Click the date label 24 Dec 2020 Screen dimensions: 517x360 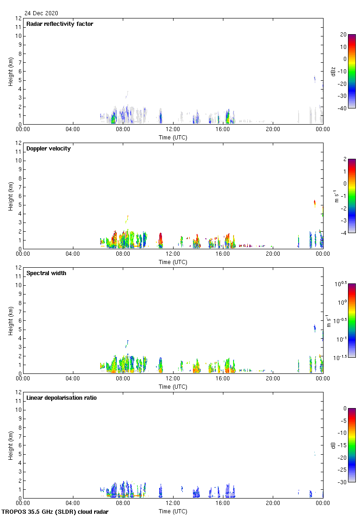[42, 13]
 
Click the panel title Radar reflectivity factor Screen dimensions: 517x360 [60, 24]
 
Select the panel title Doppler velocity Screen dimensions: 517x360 [48, 149]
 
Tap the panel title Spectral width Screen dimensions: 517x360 [47, 273]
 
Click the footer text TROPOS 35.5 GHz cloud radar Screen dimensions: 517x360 [55, 511]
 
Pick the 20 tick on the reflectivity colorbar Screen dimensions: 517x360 [343, 35]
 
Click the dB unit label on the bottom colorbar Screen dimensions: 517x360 [333, 445]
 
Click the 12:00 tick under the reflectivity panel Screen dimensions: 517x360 [173, 129]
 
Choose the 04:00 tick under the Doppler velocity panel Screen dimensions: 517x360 [73, 254]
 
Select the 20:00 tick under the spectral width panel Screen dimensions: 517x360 [273, 379]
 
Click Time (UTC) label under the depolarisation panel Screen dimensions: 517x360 [173, 511]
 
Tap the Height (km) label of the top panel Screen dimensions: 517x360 [10, 71]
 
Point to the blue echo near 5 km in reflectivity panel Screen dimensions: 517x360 [315, 79]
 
